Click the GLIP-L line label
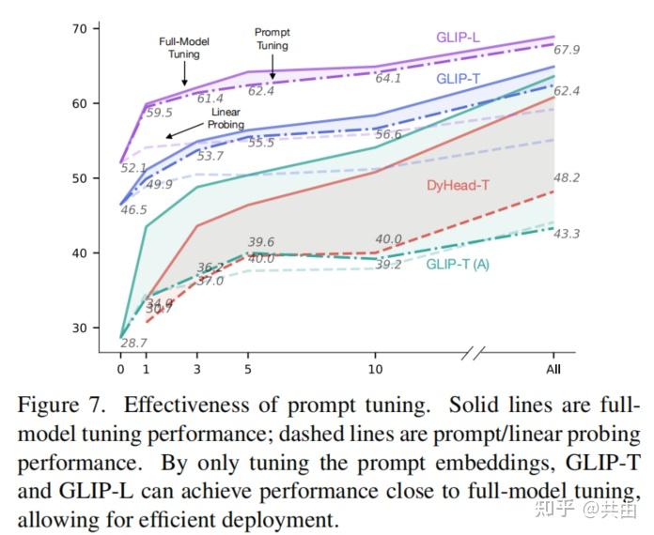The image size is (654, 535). pyautogui.click(x=459, y=38)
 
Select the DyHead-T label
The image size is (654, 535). pyautogui.click(x=458, y=185)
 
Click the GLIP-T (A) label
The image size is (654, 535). pyautogui.click(x=458, y=264)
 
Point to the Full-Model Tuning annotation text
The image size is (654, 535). pyautogui.click(x=184, y=48)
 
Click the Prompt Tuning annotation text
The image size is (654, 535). pyautogui.click(x=272, y=38)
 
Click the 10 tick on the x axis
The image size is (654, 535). pyautogui.click(x=375, y=370)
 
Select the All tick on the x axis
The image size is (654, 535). pyautogui.click(x=553, y=370)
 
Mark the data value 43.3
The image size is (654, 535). pyautogui.click(x=567, y=234)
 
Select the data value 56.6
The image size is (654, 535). pyautogui.click(x=387, y=135)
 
